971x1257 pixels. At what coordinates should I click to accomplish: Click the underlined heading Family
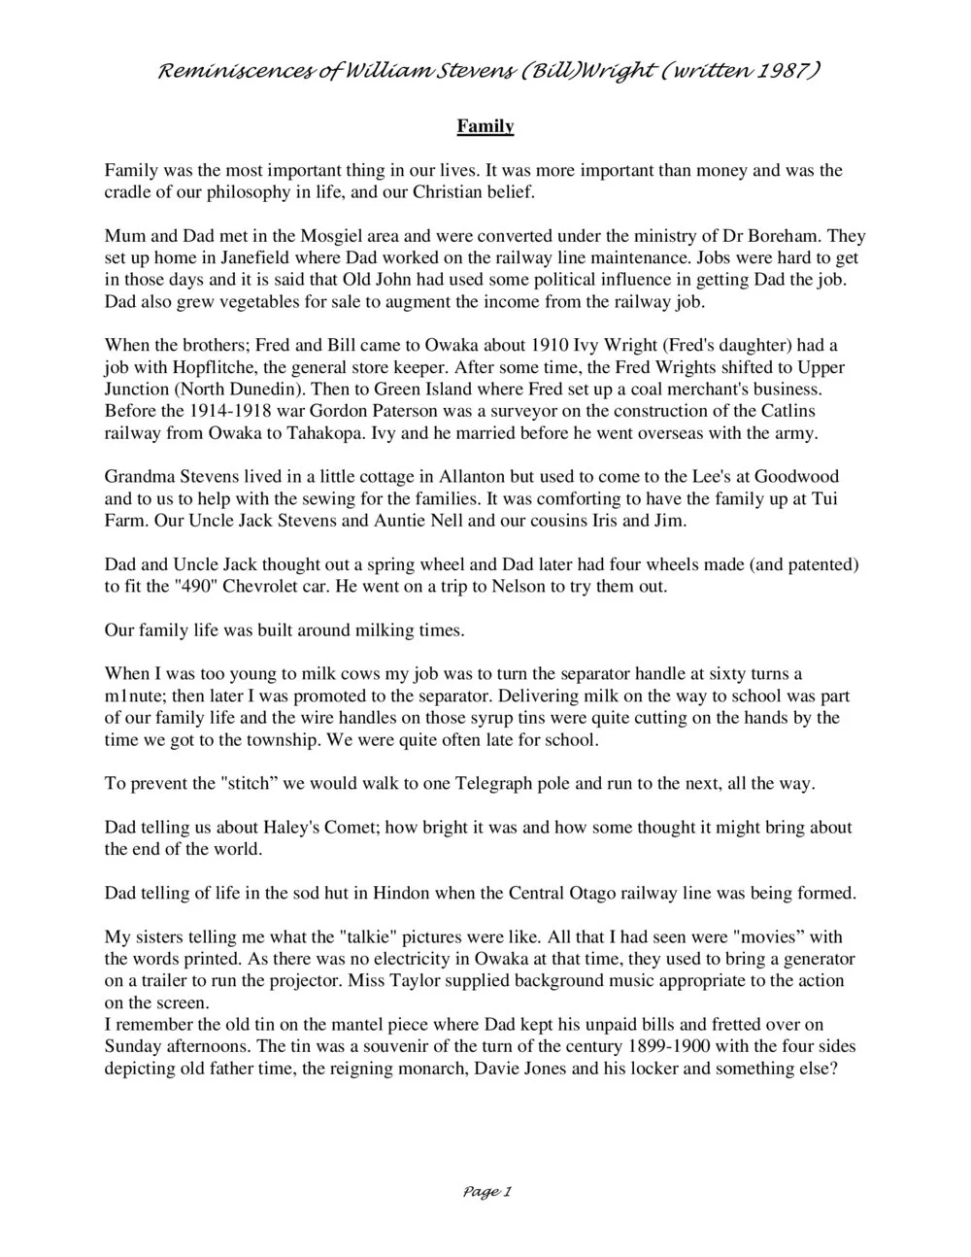click(x=485, y=126)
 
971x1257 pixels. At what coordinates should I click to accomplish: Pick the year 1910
click(x=552, y=346)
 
